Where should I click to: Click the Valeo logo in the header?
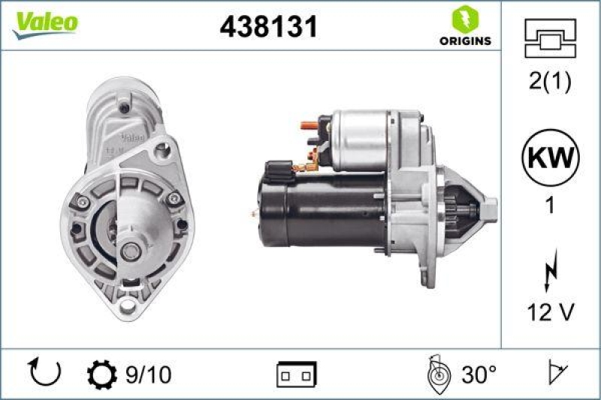click(44, 23)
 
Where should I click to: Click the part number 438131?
click(268, 27)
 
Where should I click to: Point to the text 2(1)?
click(550, 81)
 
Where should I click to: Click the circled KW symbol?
click(550, 159)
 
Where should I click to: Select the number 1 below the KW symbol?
click(550, 205)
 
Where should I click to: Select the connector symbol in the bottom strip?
click(297, 373)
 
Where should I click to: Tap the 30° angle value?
click(478, 372)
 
